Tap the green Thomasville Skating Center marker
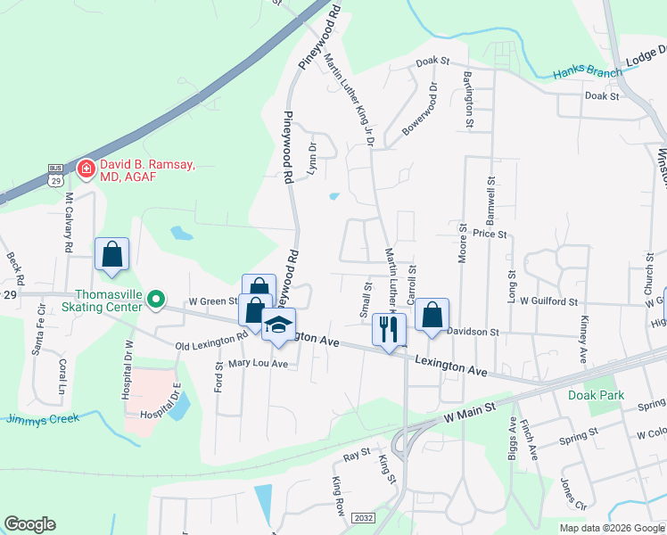click(156, 300)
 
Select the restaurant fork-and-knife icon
click(388, 329)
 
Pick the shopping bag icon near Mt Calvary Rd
click(113, 253)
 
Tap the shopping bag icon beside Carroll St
click(432, 314)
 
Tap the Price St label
click(490, 234)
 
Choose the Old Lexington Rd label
click(211, 341)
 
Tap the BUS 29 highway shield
click(55, 175)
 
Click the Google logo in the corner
click(29, 525)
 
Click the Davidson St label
click(472, 331)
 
